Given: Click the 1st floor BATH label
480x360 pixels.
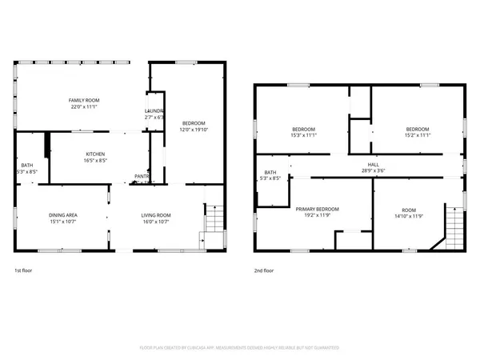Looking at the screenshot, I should [x=27, y=166].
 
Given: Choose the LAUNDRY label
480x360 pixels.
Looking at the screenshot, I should [x=154, y=111].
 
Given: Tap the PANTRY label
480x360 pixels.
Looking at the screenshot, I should [x=142, y=176].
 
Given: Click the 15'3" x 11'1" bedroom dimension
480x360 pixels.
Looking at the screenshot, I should [x=303, y=135].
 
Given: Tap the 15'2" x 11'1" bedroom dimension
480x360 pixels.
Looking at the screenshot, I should [x=417, y=135].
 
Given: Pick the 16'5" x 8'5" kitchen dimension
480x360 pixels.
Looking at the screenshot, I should [x=96, y=161].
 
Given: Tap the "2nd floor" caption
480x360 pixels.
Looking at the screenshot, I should [x=265, y=271].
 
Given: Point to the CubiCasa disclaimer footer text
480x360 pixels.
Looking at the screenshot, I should [x=240, y=348].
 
